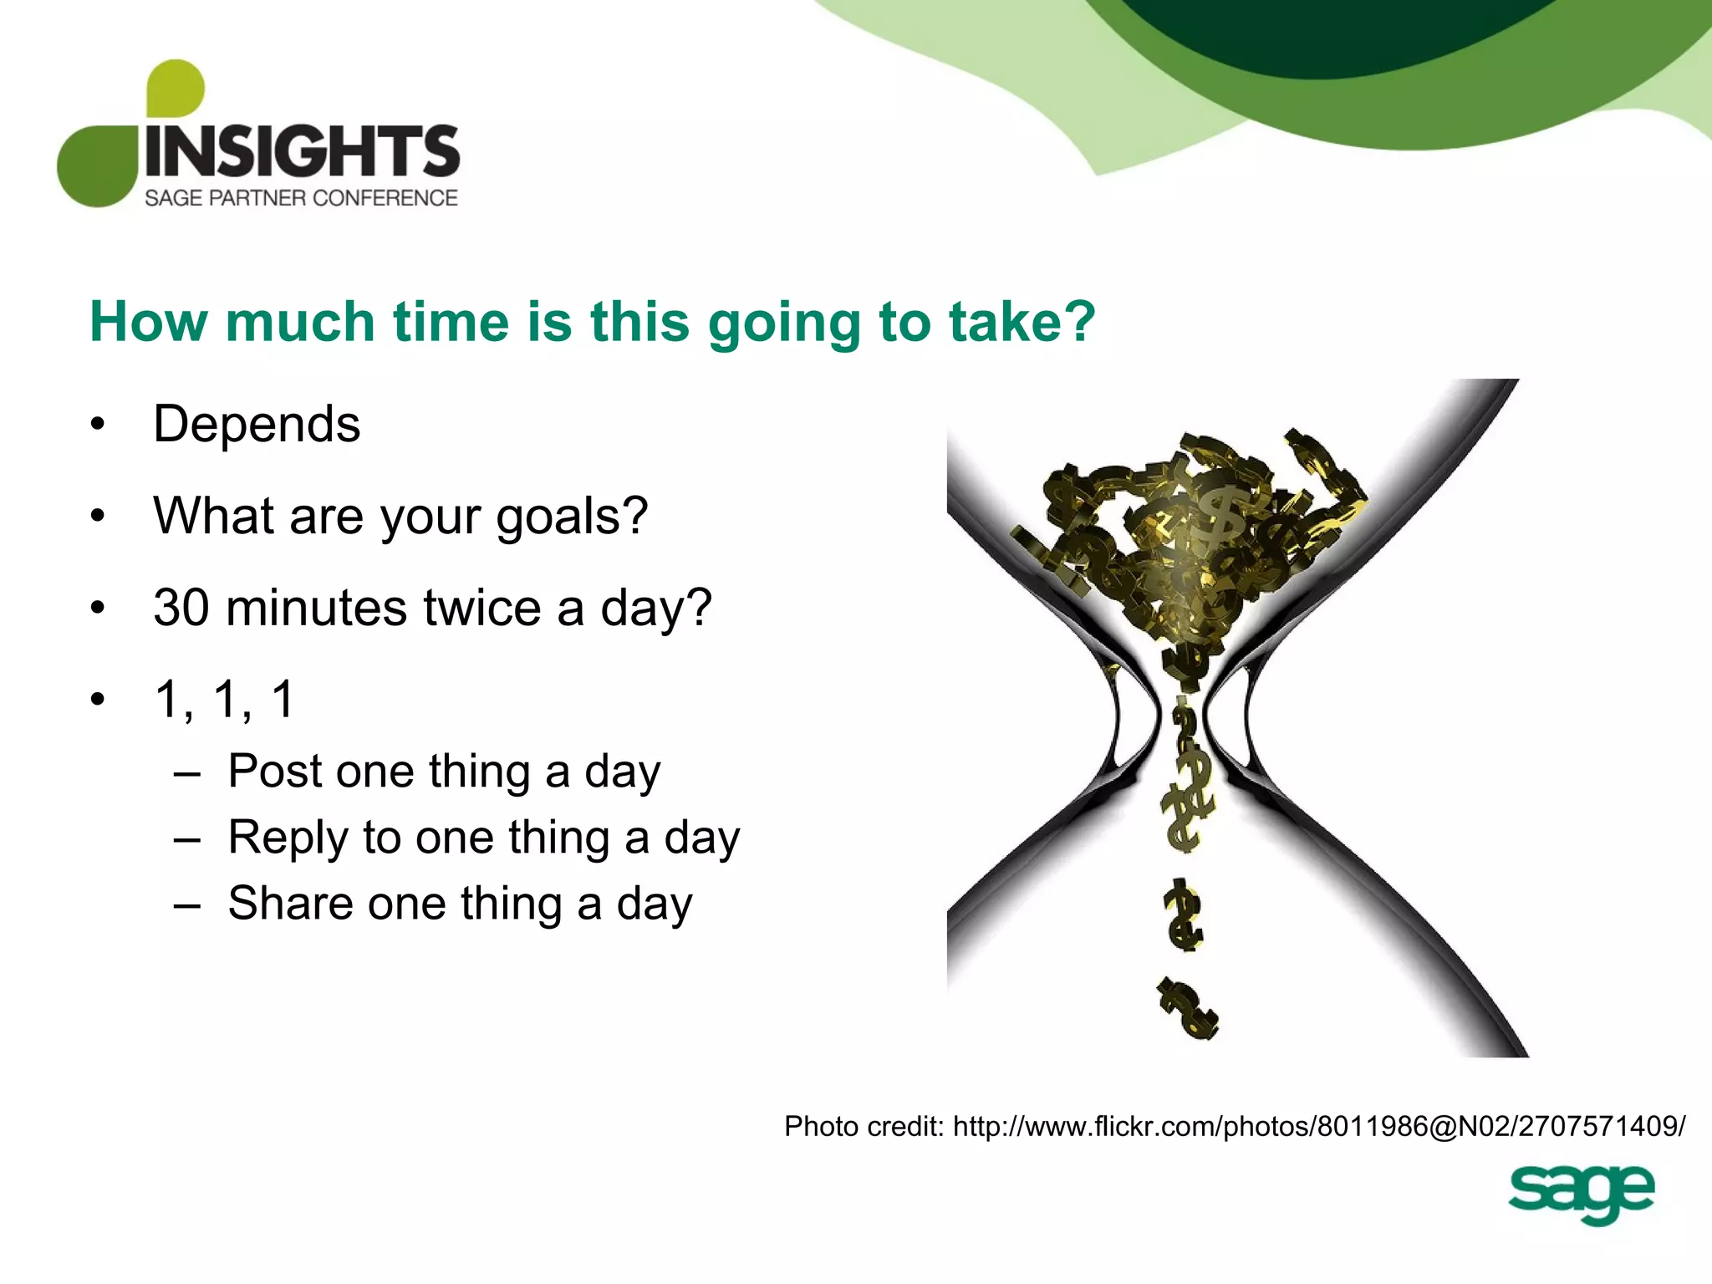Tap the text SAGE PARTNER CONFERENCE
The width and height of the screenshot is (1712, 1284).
click(x=301, y=198)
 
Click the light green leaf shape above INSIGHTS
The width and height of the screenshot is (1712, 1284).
click(x=175, y=88)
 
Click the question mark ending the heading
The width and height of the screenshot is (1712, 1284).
click(x=1081, y=321)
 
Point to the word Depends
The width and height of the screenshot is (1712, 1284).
click(x=257, y=425)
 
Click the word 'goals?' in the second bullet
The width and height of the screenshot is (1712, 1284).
click(x=572, y=517)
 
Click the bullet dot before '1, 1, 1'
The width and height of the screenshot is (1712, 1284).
click(x=99, y=700)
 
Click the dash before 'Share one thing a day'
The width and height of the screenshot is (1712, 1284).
click(x=187, y=905)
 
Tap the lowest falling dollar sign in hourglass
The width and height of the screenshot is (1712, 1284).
click(x=1188, y=1009)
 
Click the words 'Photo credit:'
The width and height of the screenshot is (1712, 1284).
click(x=864, y=1127)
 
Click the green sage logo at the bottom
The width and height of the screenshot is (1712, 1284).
click(x=1580, y=1193)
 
